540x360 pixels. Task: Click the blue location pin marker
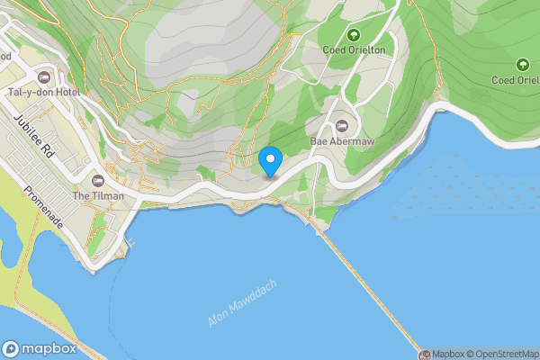click(270, 160)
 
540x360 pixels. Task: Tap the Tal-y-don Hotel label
click(43, 92)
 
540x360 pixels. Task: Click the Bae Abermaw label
click(342, 142)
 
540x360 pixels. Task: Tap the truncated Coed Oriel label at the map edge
click(515, 79)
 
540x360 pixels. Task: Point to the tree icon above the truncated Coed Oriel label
click(522, 64)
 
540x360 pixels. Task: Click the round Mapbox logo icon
click(12, 349)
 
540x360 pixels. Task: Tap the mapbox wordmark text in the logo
click(49, 349)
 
